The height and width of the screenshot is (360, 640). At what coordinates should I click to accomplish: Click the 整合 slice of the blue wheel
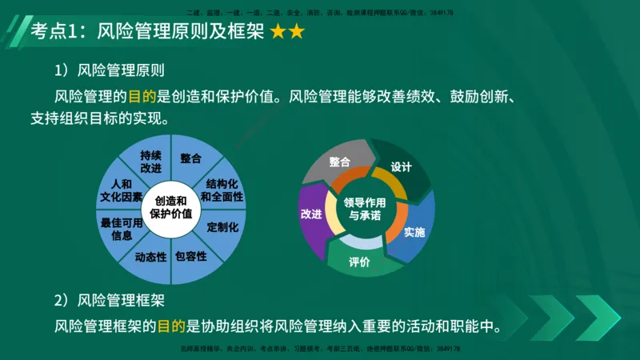click(190, 158)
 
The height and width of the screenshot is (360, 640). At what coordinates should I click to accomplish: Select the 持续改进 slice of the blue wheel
click(150, 162)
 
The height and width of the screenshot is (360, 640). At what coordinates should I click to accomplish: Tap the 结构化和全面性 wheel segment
click(222, 190)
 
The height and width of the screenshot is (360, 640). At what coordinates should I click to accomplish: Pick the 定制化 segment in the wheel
click(223, 227)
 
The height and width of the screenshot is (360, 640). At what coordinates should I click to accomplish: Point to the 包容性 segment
click(191, 257)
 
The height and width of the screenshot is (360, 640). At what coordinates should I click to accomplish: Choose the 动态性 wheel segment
click(150, 257)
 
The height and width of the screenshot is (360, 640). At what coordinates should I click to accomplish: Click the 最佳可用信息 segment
click(122, 230)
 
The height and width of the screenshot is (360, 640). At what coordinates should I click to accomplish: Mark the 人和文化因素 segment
click(122, 190)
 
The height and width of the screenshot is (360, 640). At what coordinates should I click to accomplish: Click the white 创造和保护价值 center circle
click(170, 208)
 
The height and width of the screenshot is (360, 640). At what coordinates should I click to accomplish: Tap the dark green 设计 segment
click(402, 166)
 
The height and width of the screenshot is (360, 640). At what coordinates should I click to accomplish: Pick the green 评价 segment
click(359, 262)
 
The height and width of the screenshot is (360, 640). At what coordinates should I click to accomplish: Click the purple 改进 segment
click(311, 214)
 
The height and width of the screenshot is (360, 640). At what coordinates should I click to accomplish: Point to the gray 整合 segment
click(339, 161)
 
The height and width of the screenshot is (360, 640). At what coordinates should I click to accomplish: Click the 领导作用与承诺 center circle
click(365, 210)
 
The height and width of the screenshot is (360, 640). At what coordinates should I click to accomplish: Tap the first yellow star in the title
click(278, 33)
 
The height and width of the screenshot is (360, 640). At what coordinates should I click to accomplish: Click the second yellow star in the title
click(296, 33)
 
